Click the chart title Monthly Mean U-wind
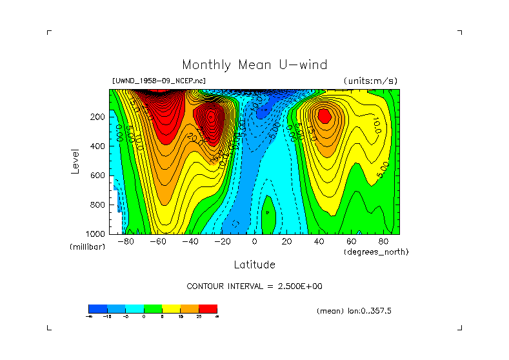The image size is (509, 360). (x=254, y=65)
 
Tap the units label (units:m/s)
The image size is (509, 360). (x=370, y=81)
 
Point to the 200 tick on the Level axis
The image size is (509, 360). (x=97, y=117)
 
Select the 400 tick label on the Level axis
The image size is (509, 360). (x=97, y=146)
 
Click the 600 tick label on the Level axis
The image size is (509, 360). (x=97, y=175)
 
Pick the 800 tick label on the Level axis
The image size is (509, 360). (x=97, y=205)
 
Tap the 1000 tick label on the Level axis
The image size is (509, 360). (x=95, y=234)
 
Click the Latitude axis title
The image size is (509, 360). (x=254, y=265)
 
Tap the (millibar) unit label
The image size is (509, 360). (x=87, y=247)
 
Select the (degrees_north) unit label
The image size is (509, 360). (x=376, y=252)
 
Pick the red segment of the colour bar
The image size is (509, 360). (x=208, y=308)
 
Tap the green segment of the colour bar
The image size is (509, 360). (x=152, y=308)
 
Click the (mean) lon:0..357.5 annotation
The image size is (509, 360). (x=354, y=311)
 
